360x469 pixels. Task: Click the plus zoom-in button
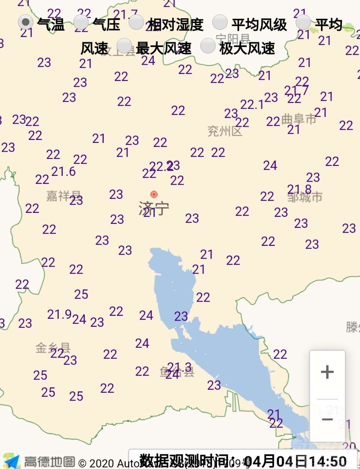pos(327,372)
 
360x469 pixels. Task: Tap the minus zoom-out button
pos(327,420)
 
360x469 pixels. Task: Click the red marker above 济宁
pos(154,194)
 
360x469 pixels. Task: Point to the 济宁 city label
pos(154,208)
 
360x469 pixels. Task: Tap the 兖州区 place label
pos(225,131)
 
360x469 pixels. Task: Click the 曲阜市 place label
pos(299,119)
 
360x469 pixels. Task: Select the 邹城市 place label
pos(305,197)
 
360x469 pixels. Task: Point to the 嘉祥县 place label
pos(63,196)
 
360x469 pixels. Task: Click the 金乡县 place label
pos(53,347)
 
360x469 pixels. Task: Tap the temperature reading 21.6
pos(63,171)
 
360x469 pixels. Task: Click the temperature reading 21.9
pos(59,314)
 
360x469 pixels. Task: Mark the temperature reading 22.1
pos(252,105)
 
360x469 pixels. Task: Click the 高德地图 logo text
pos(49,461)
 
